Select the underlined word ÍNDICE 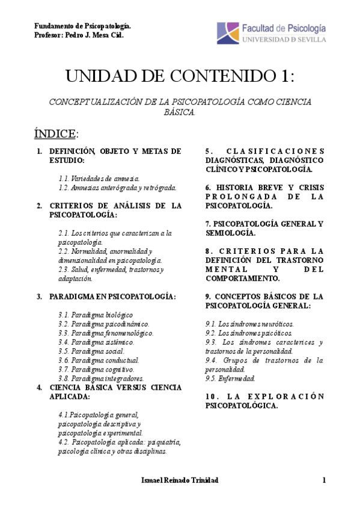click(56, 132)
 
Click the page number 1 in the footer click(323, 480)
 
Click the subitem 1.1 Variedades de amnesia click(99, 179)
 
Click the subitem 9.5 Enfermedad click(230, 378)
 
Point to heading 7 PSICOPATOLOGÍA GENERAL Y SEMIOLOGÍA click(264, 228)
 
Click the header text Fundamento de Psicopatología click(83, 27)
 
